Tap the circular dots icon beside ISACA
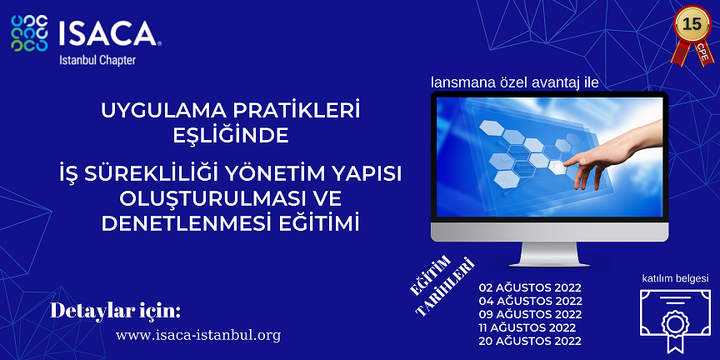[x=29, y=33]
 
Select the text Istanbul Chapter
[x=97, y=60]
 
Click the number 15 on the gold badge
[x=692, y=24]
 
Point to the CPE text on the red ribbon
[x=703, y=53]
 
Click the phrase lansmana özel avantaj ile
[x=515, y=82]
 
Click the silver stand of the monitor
[x=549, y=254]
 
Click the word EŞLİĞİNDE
[x=231, y=137]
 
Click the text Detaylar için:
[x=115, y=311]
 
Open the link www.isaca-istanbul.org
[x=198, y=335]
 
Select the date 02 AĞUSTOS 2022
[x=530, y=287]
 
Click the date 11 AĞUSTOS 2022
[x=527, y=327]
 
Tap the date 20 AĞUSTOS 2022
[x=530, y=341]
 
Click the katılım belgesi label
[x=675, y=278]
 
